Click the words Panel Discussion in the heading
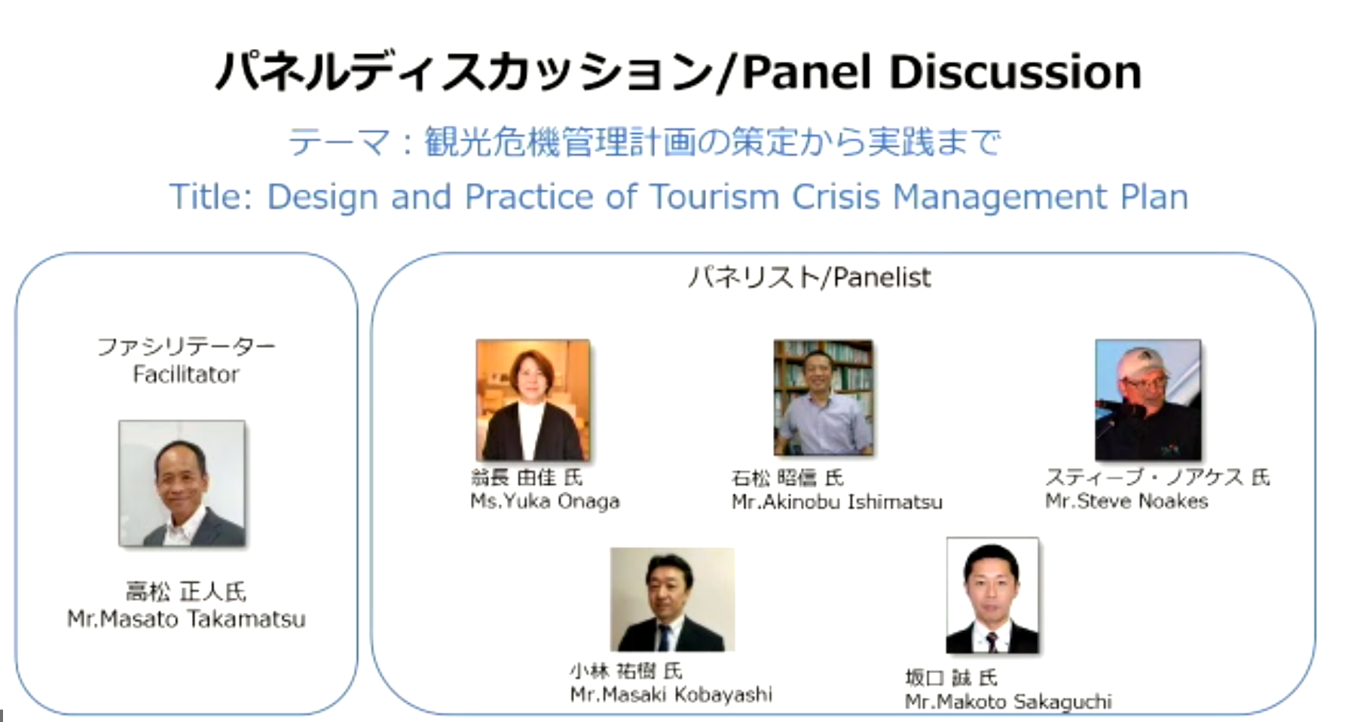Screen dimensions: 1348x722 pyautogui.click(x=942, y=72)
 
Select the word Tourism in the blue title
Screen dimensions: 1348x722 pyautogui.click(x=714, y=197)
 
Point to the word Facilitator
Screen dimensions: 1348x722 pyautogui.click(x=186, y=374)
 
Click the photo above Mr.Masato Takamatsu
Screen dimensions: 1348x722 pyautogui.click(x=182, y=483)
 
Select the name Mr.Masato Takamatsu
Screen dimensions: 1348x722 pyautogui.click(x=186, y=619)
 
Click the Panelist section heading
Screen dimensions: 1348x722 pyautogui.click(x=809, y=278)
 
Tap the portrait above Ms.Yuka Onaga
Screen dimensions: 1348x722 pyautogui.click(x=533, y=400)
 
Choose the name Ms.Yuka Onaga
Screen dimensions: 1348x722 pyautogui.click(x=545, y=501)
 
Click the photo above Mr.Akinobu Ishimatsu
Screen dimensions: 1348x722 pyautogui.click(x=824, y=398)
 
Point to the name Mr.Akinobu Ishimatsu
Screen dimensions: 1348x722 pyautogui.click(x=836, y=502)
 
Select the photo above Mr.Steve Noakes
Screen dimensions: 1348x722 pyautogui.click(x=1148, y=400)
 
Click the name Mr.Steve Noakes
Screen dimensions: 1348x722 pyautogui.click(x=1126, y=501)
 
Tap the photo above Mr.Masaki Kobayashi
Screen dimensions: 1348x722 pyautogui.click(x=672, y=599)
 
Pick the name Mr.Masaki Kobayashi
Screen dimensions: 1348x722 pyautogui.click(x=671, y=694)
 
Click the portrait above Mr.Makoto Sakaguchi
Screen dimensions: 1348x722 pyautogui.click(x=992, y=596)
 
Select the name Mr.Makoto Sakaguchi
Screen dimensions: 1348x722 pyautogui.click(x=1008, y=702)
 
